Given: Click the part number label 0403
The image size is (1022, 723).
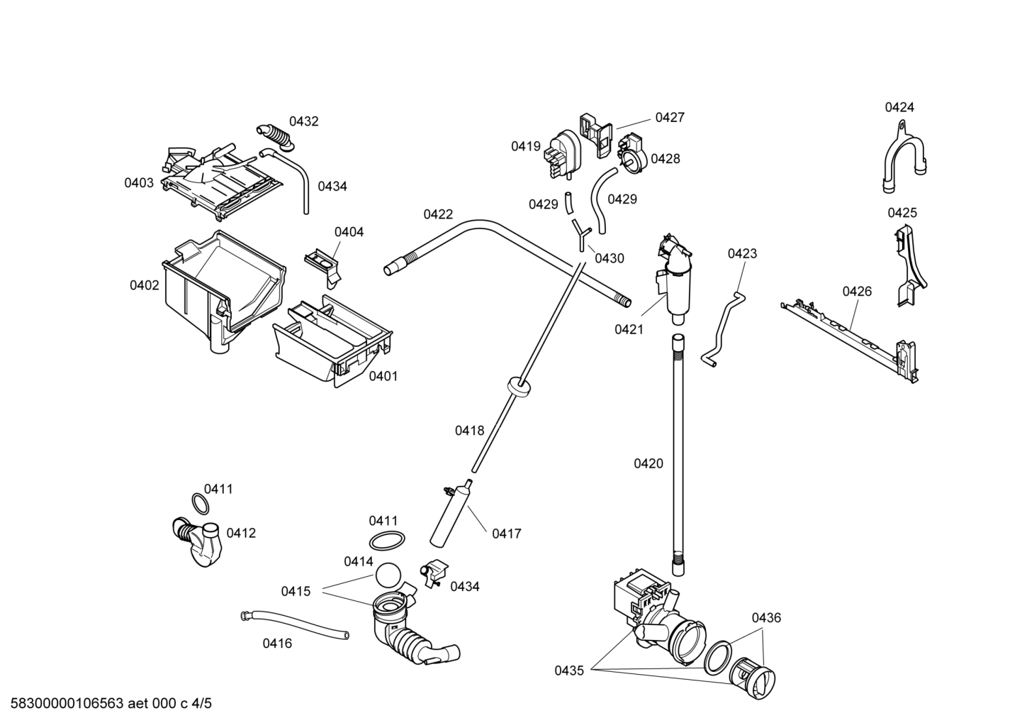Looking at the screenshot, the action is tap(139, 183).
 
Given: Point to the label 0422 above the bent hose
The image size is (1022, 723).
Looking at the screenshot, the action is tap(438, 214).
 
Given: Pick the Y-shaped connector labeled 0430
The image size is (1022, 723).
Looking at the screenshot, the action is tap(580, 233).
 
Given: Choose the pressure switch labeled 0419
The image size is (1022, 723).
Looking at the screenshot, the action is tap(562, 154).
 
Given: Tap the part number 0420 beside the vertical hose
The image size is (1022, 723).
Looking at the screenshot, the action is tap(648, 463).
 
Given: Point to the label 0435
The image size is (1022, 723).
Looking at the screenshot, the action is tap(569, 670).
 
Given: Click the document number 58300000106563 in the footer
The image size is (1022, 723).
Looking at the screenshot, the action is tap(67, 703).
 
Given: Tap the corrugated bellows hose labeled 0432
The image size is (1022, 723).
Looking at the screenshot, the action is tap(276, 136).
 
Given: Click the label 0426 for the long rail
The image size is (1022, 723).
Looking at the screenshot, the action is tap(857, 292).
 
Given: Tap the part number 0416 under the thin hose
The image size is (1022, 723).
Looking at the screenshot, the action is tap(277, 644).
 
